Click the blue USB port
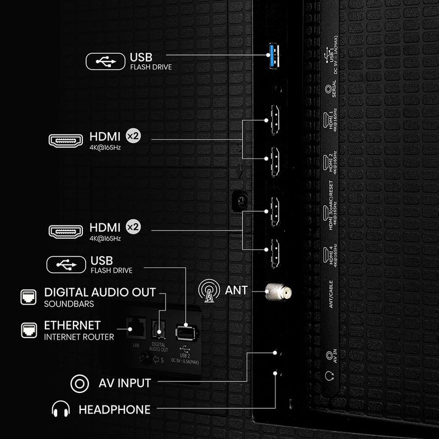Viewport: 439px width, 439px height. (273, 55)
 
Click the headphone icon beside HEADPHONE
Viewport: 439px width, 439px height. (60, 409)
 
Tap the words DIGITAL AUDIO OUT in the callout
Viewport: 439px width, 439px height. (100, 292)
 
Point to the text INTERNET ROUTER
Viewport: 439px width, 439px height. (79, 337)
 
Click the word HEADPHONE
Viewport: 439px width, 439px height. (114, 409)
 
